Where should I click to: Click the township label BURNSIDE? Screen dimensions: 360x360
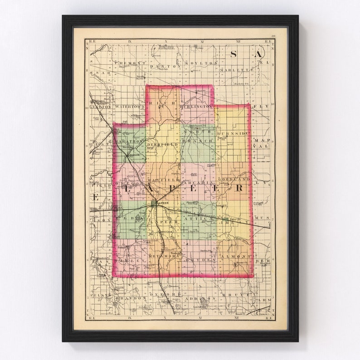(x=233, y=133)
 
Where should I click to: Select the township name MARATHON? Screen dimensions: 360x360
(x=129, y=141)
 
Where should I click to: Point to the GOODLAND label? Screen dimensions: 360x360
(x=237, y=180)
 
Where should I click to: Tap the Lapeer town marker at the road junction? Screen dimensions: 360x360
(x=156, y=204)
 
